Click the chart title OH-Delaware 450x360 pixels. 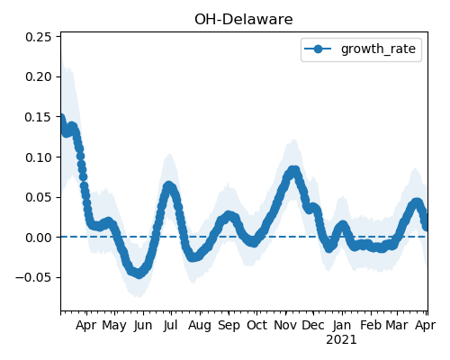[x=244, y=20]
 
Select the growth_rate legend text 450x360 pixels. [x=378, y=49]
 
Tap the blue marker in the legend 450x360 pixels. [x=318, y=49]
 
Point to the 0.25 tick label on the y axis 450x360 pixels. [x=39, y=37]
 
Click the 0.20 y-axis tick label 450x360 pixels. [x=39, y=76]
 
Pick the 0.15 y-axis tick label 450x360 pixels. [x=39, y=117]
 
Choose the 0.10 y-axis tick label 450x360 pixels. [x=39, y=157]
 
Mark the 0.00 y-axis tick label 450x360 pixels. [x=39, y=238]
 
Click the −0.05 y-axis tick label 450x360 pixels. [x=34, y=277]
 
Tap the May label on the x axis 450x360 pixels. [x=114, y=326]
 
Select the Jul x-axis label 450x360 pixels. [x=171, y=325]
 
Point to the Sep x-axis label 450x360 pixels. [x=229, y=326]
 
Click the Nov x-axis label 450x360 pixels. [x=285, y=325]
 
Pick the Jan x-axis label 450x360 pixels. [x=342, y=325]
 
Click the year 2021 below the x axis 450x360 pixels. [x=342, y=340]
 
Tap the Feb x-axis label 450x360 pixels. [x=371, y=325]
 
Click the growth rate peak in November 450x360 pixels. [x=293, y=171]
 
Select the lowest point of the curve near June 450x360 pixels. [x=139, y=274]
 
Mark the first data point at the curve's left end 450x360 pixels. [x=61, y=118]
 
